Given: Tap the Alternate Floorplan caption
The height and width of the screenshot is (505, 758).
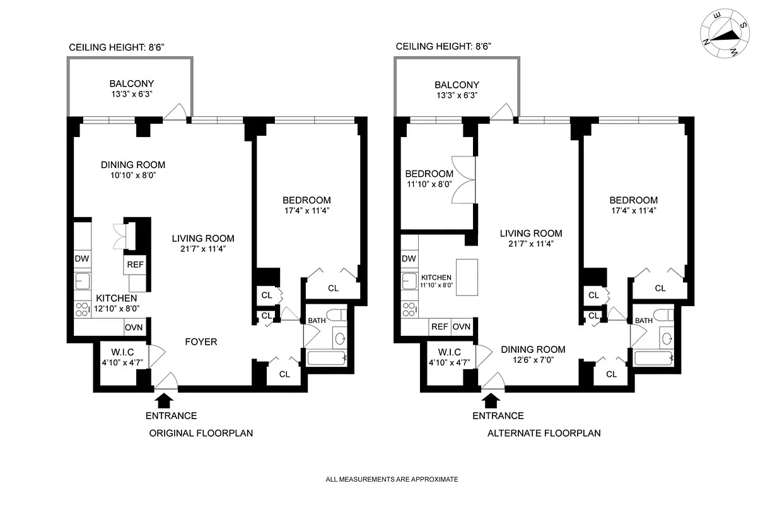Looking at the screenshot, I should point(544,434).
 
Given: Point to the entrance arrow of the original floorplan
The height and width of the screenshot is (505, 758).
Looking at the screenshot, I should point(163,400).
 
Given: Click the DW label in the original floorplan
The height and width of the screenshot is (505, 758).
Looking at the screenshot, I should point(82,258).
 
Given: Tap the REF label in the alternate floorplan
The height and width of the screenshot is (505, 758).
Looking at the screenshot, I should point(439,327).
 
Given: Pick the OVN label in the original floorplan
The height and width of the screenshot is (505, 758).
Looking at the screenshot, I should point(134,328).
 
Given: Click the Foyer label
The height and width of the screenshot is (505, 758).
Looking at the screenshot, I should point(201,342).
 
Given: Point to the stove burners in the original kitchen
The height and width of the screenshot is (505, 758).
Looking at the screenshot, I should point(82,309).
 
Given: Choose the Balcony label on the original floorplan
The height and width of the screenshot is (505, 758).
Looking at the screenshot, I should point(132,83).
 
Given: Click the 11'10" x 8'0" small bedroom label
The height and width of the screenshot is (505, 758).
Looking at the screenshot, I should point(429,186).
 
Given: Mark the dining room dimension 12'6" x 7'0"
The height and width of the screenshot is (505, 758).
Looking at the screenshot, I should point(533,361).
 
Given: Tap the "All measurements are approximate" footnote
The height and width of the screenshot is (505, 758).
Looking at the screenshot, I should point(392,479).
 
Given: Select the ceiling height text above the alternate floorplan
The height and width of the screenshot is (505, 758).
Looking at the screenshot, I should point(443,46).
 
